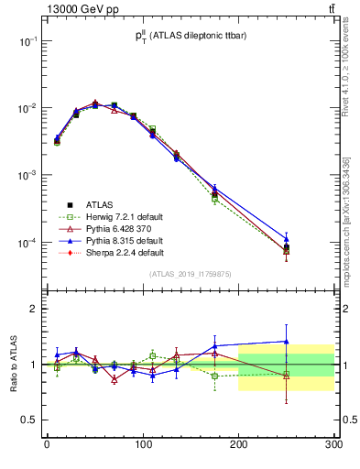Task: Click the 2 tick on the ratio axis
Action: [38, 309]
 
